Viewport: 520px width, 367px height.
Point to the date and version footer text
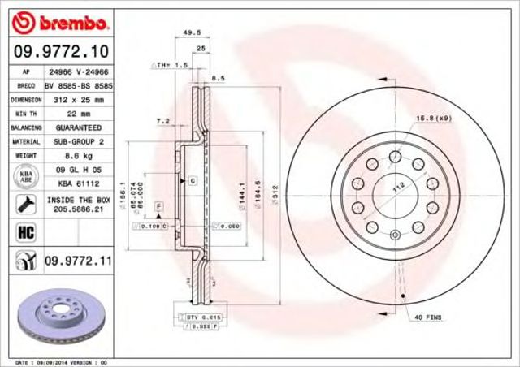(61, 361)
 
